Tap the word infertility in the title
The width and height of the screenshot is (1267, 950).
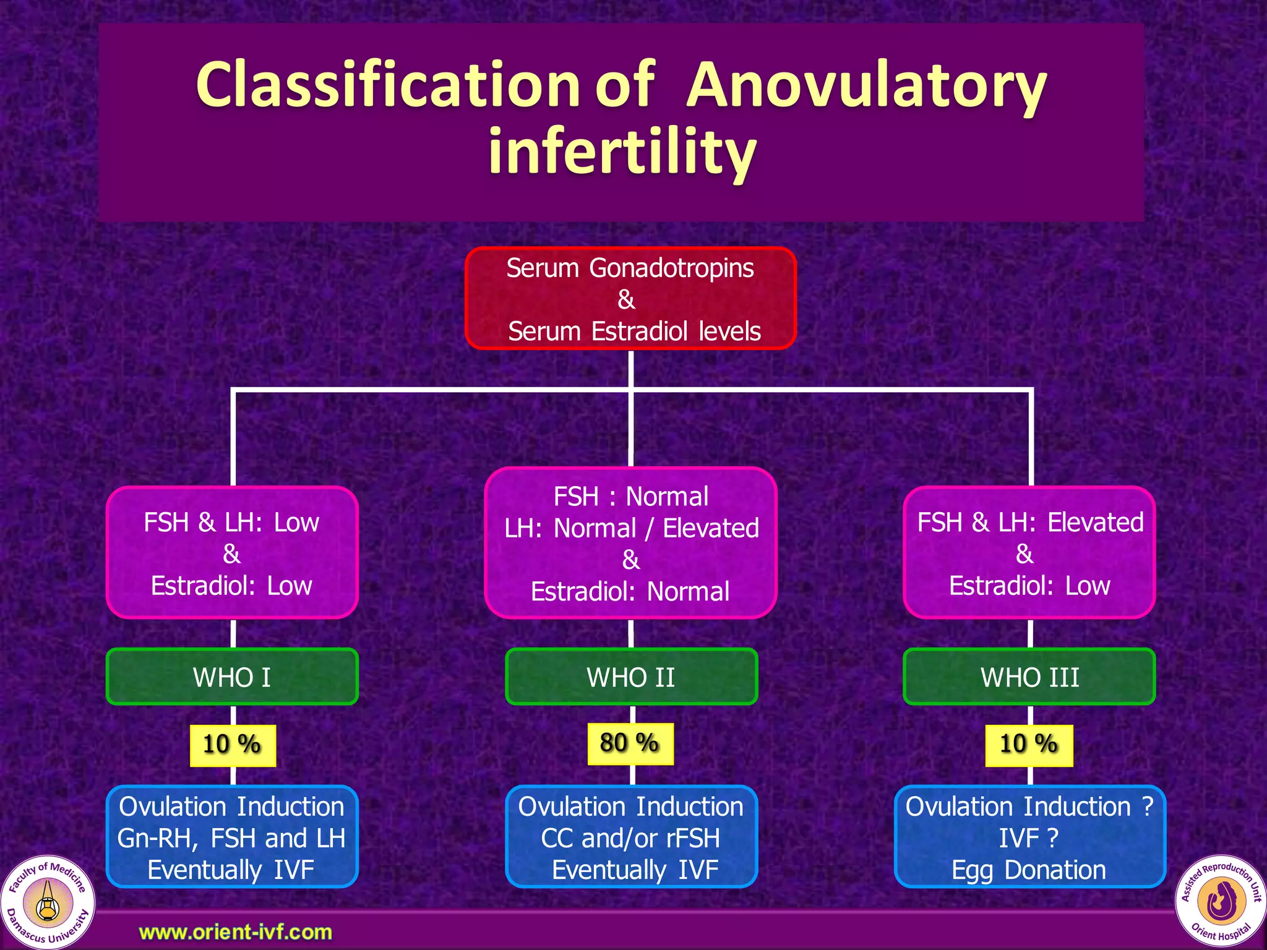(622, 152)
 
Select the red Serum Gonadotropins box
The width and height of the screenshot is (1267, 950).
(630, 298)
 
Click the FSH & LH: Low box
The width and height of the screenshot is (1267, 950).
(232, 552)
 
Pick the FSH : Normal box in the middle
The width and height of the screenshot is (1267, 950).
(630, 543)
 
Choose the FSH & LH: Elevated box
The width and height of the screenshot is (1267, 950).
(1029, 552)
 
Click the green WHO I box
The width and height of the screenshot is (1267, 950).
(232, 677)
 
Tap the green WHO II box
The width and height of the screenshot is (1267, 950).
(631, 677)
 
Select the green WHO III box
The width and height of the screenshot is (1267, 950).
(1029, 677)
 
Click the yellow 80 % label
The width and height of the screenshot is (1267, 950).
(630, 743)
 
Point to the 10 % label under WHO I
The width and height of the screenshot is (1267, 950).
(232, 745)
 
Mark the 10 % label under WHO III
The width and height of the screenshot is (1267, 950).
(1028, 745)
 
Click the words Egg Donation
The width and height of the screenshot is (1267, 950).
(1028, 870)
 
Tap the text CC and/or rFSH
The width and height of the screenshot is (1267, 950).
(630, 839)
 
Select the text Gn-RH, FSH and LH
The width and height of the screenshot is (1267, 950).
(231, 839)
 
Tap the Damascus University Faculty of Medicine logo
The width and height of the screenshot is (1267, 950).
(48, 902)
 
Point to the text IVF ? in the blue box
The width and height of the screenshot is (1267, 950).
(1028, 839)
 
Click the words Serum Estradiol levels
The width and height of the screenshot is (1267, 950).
(634, 332)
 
